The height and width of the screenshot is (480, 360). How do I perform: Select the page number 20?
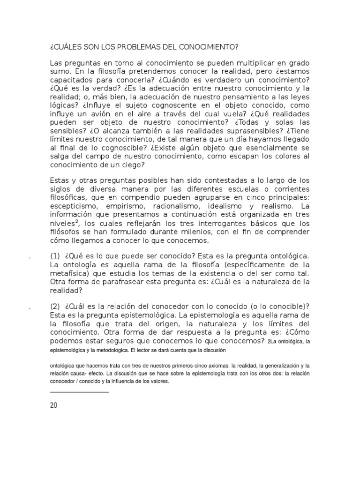click(x=53, y=405)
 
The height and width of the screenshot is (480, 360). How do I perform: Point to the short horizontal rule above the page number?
click(x=79, y=392)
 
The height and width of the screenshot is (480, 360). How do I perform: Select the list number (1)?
click(x=55, y=256)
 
